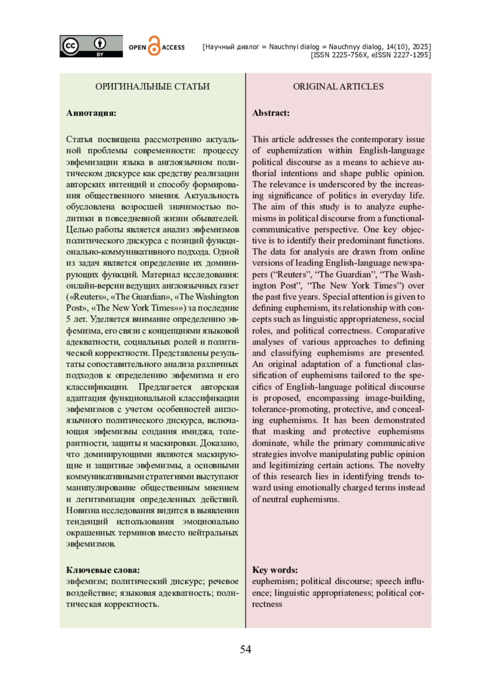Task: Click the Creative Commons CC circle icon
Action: tap(70, 45)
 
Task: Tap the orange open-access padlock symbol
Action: tap(154, 46)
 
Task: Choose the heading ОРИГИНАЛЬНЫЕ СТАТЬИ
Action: tap(152, 86)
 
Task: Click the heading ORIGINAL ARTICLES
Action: tap(338, 86)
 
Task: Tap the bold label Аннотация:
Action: tap(91, 113)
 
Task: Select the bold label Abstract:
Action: tap(271, 113)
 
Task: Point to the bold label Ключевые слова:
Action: tap(103, 570)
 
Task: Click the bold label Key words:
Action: tap(275, 570)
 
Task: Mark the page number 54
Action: tap(245, 650)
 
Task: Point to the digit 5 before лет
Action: tap(68, 319)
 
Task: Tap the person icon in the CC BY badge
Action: tap(99, 43)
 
